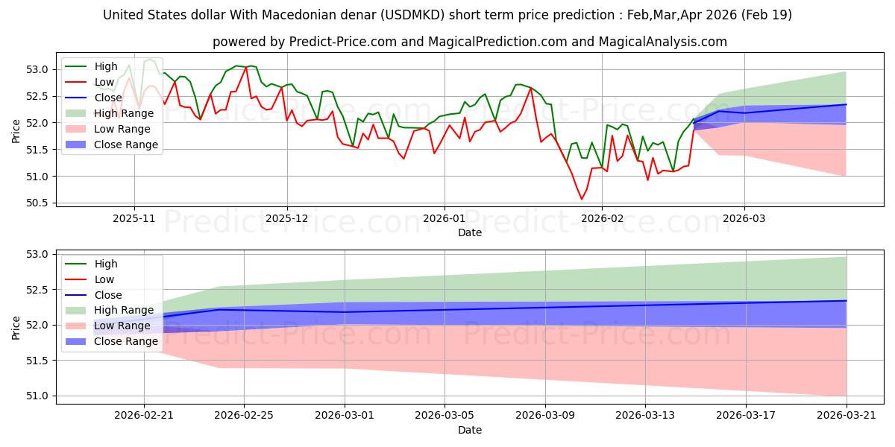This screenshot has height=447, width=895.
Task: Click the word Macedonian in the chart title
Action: [x=319, y=15]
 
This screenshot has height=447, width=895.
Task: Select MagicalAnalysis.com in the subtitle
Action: [x=662, y=42]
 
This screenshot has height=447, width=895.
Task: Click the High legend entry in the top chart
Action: [x=91, y=66]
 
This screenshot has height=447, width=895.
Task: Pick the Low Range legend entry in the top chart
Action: [x=107, y=129]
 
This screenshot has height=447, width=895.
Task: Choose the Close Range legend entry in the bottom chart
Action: [x=111, y=341]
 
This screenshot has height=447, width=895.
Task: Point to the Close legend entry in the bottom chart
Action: [x=93, y=295]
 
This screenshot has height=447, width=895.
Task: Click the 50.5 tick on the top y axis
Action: [x=37, y=203]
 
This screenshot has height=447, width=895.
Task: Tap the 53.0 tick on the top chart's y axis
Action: [x=37, y=70]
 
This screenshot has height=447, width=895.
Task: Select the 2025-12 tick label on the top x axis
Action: [x=287, y=219]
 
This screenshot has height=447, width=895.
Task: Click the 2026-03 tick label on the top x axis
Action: [x=744, y=219]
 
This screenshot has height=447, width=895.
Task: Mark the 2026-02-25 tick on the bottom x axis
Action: [x=244, y=416]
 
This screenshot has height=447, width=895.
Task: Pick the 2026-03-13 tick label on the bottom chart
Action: [x=645, y=416]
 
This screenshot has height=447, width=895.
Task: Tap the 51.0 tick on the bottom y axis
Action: [x=37, y=396]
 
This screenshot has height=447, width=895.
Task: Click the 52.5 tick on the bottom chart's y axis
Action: [x=37, y=290]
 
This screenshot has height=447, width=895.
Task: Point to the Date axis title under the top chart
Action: [x=469, y=232]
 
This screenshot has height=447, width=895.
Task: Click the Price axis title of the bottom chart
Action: [x=16, y=328]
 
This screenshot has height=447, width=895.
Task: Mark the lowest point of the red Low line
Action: [x=582, y=199]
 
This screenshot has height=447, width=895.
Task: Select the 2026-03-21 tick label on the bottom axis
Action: [x=847, y=416]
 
